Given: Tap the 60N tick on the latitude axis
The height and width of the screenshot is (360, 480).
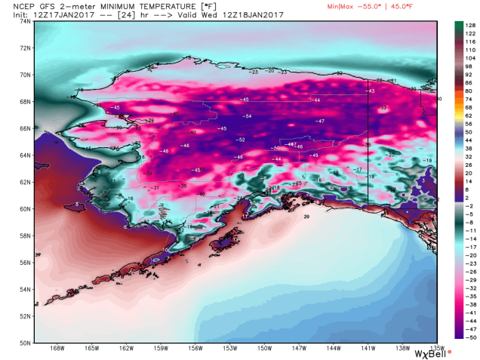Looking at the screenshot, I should tap(25, 209).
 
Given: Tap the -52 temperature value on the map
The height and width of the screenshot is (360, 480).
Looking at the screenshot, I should tap(241, 140).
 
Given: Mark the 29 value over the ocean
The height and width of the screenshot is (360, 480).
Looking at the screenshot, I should tap(306, 217).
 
